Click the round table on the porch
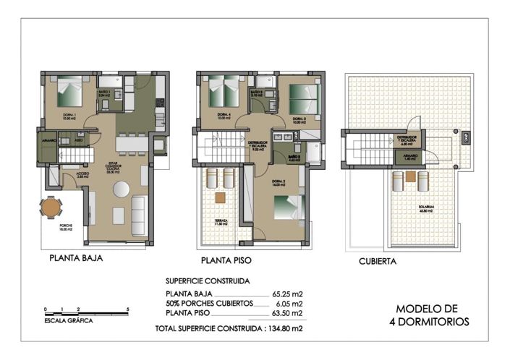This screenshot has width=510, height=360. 51,208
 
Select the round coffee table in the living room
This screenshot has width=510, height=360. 120,189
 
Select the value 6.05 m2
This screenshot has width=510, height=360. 288,304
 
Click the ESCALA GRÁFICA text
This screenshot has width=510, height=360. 69,320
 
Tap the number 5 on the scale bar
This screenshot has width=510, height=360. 127,309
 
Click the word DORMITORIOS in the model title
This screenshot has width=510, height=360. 429,321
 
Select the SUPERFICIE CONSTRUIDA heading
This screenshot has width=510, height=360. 208,280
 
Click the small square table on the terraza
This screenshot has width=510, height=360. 221,197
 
